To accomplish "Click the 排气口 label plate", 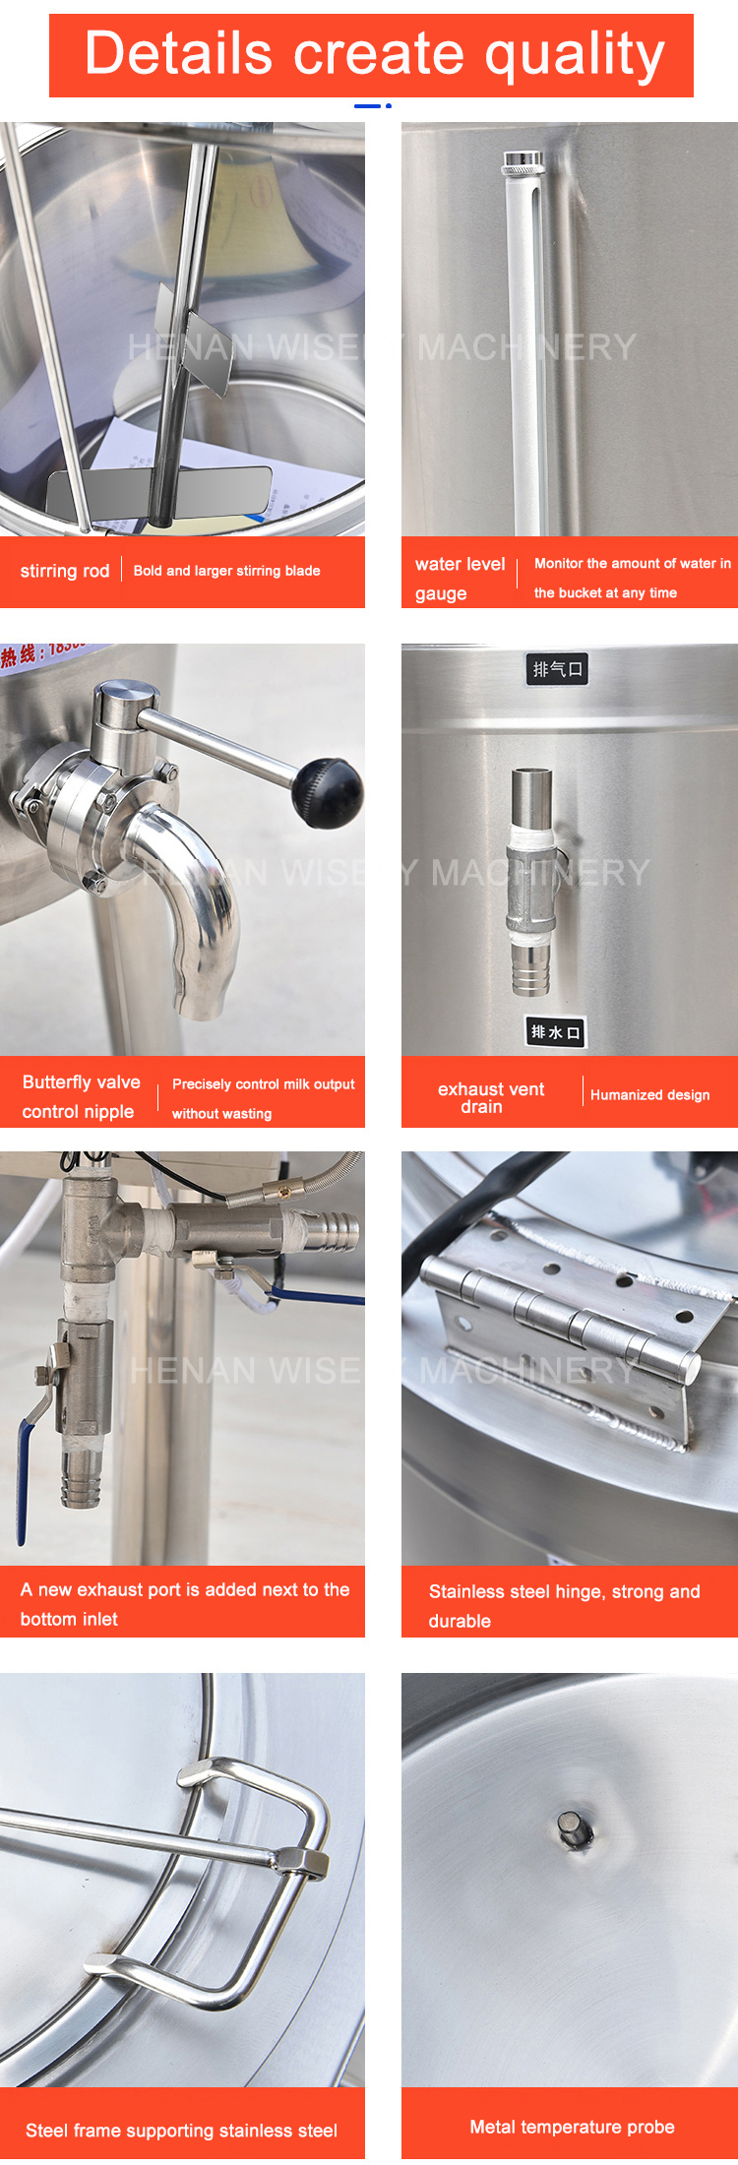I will [558, 669].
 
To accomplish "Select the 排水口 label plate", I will [556, 1031].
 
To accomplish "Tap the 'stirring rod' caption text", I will [65, 571].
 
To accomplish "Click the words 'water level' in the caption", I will [460, 564].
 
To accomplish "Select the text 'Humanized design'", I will [649, 1094].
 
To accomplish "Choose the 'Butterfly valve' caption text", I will [81, 1082].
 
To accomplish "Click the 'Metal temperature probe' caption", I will [572, 2127].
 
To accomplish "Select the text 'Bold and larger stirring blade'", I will [226, 571].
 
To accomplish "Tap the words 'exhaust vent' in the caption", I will [490, 1089].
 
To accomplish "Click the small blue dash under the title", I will [367, 105].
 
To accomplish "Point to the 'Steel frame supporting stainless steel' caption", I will [181, 2131].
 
